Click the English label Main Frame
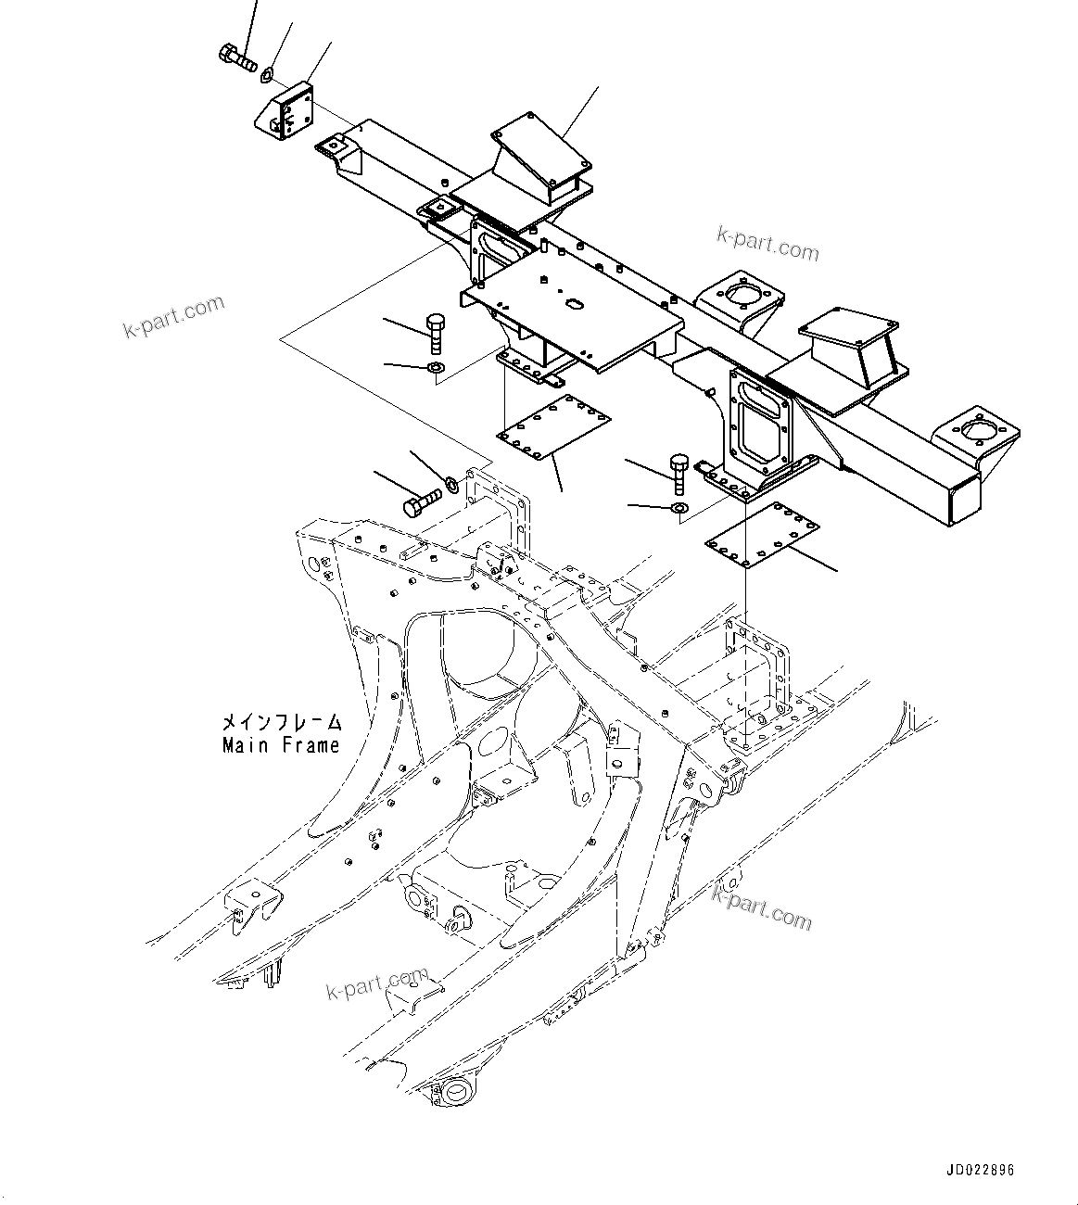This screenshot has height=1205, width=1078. tap(280, 745)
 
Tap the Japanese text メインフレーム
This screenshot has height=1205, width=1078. tap(280, 721)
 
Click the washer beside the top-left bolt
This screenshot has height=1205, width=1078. tap(267, 71)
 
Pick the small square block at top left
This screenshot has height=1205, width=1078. tap(287, 111)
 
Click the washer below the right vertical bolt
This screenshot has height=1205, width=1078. tap(679, 508)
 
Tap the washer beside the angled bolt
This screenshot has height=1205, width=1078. tap(452, 482)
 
